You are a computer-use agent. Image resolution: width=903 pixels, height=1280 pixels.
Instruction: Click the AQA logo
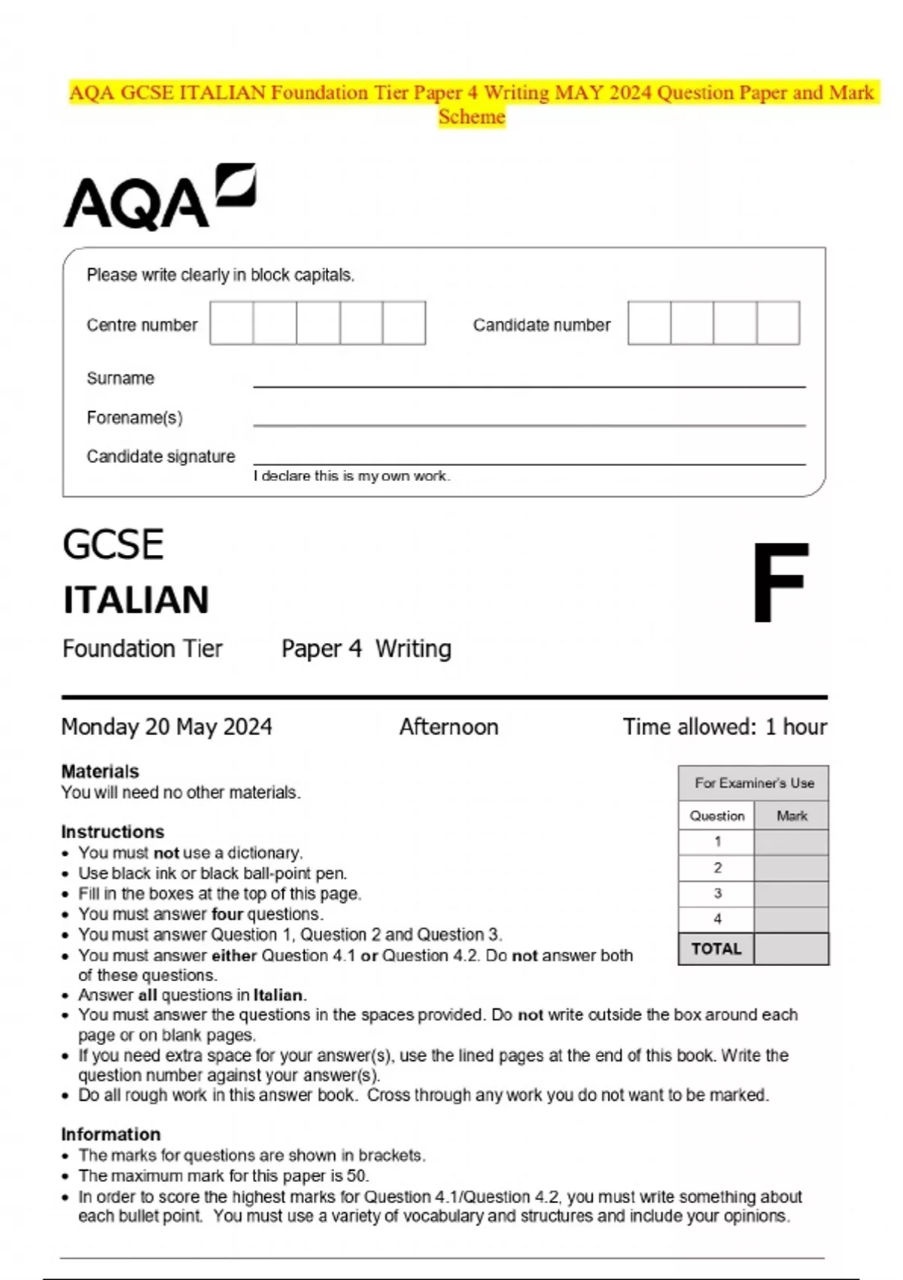tap(159, 197)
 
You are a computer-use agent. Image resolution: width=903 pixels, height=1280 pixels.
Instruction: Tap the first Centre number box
tap(232, 323)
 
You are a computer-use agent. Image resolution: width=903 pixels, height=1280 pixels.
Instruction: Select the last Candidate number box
tap(778, 323)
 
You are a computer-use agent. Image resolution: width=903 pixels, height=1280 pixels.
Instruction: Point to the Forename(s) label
tap(135, 418)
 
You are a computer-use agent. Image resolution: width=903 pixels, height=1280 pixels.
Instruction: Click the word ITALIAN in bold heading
tap(136, 600)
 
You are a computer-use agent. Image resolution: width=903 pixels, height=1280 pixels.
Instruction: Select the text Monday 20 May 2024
tap(166, 727)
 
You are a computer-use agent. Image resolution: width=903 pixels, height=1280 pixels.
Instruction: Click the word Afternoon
tap(448, 727)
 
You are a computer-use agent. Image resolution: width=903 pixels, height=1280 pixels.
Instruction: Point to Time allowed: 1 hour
tap(724, 727)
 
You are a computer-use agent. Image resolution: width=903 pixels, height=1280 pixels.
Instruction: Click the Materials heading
tap(100, 771)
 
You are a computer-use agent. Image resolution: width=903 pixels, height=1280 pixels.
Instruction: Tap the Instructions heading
tap(113, 831)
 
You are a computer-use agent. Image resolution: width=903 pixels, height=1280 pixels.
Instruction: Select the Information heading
tap(111, 1134)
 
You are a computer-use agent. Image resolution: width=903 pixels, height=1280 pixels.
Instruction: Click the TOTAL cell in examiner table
tap(716, 949)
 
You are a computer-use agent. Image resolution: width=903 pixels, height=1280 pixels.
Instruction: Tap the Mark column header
tap(792, 815)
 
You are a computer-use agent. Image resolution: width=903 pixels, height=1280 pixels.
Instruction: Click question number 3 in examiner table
tap(717, 893)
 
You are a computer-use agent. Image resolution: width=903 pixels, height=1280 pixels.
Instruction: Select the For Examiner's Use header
tap(754, 783)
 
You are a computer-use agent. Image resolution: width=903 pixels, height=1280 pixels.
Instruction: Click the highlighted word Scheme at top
tap(472, 117)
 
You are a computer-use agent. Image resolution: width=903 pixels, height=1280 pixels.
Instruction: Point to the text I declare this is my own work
tap(351, 476)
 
